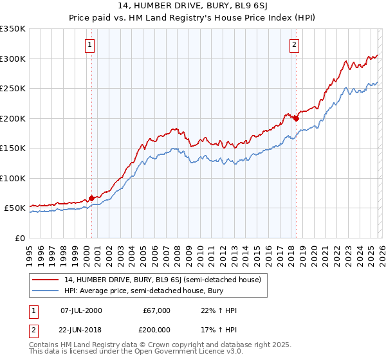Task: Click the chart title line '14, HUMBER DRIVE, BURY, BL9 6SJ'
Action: click(192, 7)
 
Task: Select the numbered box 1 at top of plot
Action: click(88, 45)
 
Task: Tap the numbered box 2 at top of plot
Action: click(294, 45)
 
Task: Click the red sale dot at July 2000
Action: click(91, 198)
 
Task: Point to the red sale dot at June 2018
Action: click(296, 118)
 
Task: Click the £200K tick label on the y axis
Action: click(13, 118)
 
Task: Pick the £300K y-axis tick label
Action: click(13, 59)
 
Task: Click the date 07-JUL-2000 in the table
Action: click(80, 310)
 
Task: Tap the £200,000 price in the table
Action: click(156, 330)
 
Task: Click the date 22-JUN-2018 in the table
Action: click(80, 330)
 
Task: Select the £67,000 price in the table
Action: click(156, 310)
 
